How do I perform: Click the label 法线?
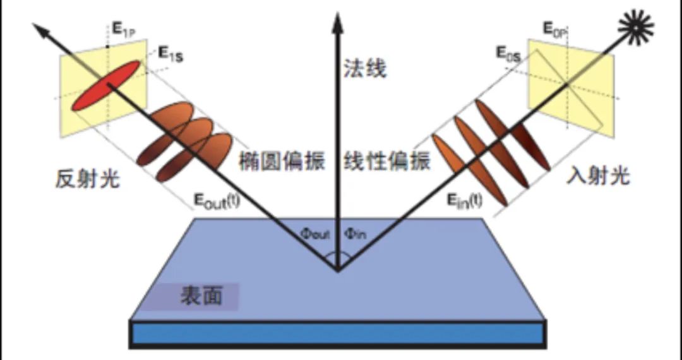coord(365,68)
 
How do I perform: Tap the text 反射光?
coord(87,180)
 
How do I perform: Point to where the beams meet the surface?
coord(337,270)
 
